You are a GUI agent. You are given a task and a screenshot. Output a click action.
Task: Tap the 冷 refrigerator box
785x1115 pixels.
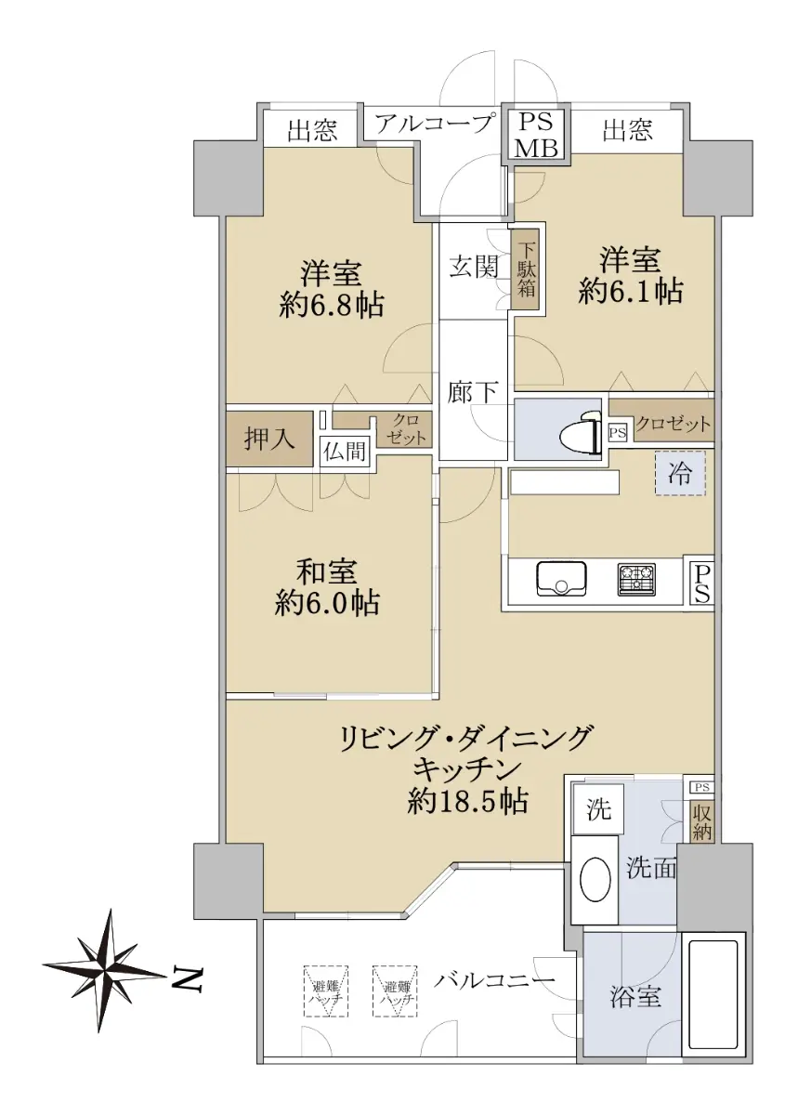pos(679,472)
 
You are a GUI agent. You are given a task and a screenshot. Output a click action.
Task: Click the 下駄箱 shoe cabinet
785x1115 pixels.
pos(526,269)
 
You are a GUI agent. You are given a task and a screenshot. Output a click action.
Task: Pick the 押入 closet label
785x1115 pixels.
pos(269,439)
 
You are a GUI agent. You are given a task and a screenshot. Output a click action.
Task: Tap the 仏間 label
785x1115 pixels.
pos(345,451)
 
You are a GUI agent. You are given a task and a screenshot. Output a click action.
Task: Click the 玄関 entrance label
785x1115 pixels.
pos(473,268)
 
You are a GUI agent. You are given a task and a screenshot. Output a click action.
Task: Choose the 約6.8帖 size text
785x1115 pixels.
pos(331,306)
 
